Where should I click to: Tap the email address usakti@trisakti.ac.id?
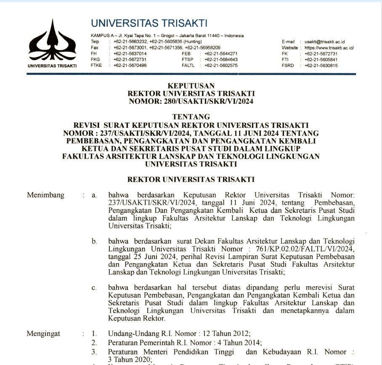pyautogui.click(x=325, y=42)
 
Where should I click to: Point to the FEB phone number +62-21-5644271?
pyautogui.click(x=221, y=54)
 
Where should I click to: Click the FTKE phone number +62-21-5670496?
pyautogui.click(x=130, y=66)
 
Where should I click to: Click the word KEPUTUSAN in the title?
pyautogui.click(x=191, y=86)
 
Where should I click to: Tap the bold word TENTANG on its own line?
pyautogui.click(x=191, y=116)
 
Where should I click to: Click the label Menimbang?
pyautogui.click(x=45, y=195)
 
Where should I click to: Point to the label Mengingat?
pyautogui.click(x=43, y=334)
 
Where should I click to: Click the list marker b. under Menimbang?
pyautogui.click(x=95, y=241)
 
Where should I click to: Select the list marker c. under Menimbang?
pyautogui.click(x=95, y=288)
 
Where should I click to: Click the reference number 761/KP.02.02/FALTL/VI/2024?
pyautogui.click(x=313, y=249)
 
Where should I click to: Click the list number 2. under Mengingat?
pyautogui.click(x=95, y=343)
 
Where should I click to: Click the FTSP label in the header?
pyautogui.click(x=188, y=60)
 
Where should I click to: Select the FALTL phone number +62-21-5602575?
pyautogui.click(x=221, y=66)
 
